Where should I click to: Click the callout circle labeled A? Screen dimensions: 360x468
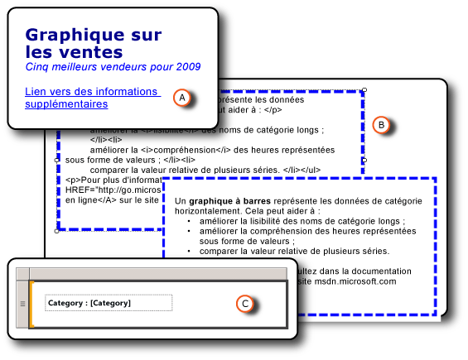coord(183,97)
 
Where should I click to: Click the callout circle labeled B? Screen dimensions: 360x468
coord(381,124)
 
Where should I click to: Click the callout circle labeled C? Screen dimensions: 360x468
coord(244,304)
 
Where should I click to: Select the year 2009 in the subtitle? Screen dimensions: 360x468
coord(188,66)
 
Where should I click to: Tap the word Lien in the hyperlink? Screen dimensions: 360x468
coord(37,91)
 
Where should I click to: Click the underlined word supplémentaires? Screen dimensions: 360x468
coord(65,105)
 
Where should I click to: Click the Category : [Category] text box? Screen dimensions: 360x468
coord(109,303)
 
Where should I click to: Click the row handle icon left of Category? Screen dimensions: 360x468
coord(22,304)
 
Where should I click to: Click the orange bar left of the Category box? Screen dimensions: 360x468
coord(31,304)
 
